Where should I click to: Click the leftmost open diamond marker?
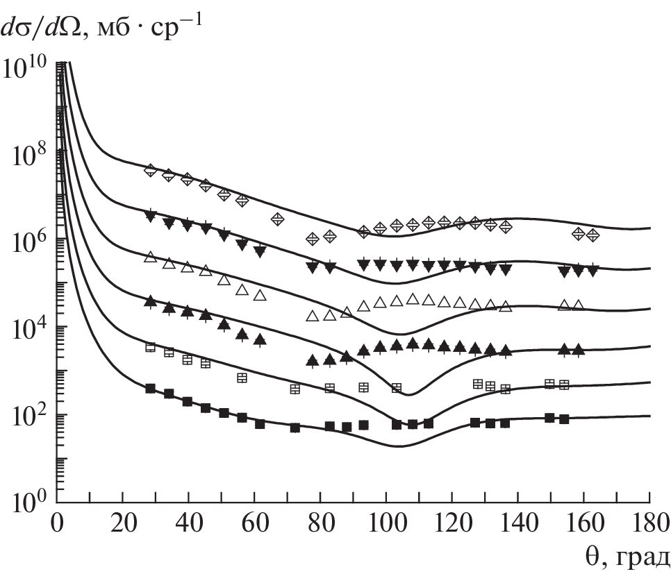tap(150, 170)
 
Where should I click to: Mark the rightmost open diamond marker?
tap(593, 235)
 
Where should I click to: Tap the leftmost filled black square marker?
tap(150, 388)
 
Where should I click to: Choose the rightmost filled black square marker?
tap(564, 419)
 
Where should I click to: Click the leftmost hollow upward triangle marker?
tap(150, 258)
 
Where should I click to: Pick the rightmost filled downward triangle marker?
tap(593, 271)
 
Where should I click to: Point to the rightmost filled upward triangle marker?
tap(578, 350)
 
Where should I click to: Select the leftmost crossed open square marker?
tap(150, 347)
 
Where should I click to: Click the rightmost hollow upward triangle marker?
tap(578, 305)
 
